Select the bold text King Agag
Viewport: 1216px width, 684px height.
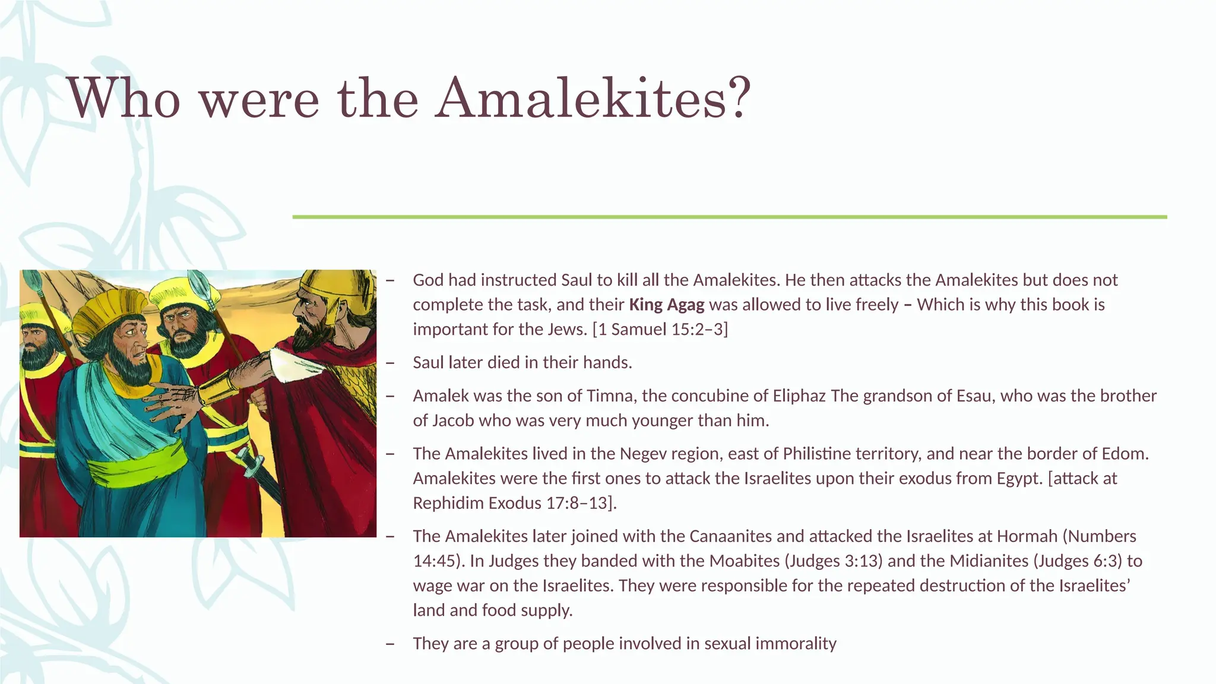[666, 305]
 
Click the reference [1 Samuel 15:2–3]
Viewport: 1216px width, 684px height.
[660, 329]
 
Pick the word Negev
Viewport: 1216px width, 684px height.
[642, 454]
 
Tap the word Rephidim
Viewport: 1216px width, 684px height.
[448, 503]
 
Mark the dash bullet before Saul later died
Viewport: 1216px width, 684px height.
[390, 363]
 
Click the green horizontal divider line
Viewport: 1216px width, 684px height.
[729, 217]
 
